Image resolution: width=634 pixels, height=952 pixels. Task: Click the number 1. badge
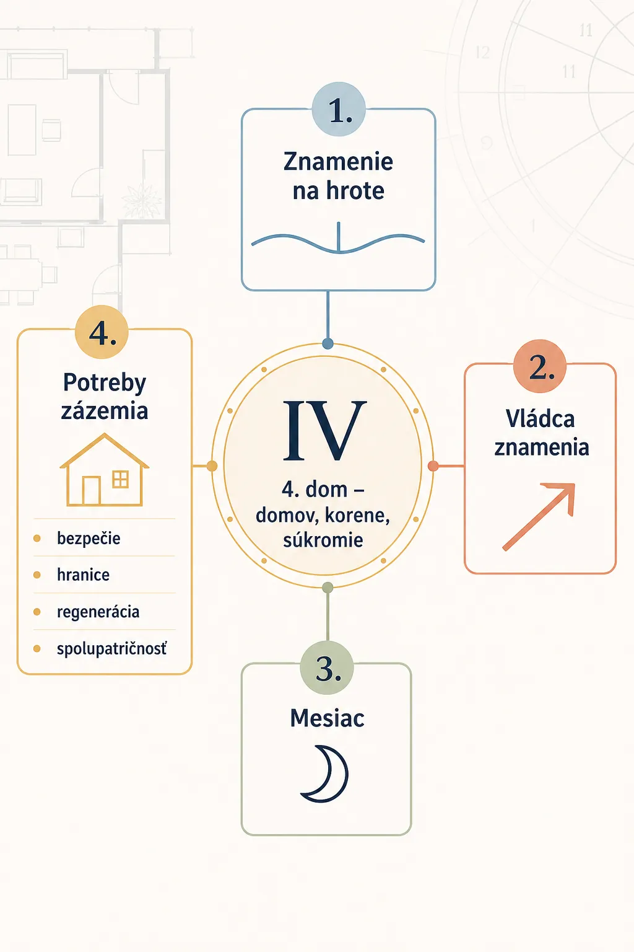[339, 109]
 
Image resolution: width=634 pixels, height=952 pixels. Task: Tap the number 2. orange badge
[540, 366]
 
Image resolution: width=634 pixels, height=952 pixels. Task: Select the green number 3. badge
[326, 668]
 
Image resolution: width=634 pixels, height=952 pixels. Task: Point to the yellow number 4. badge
[102, 332]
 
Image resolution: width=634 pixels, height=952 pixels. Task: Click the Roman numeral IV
[324, 431]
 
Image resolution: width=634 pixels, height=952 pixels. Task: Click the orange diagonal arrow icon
[539, 517]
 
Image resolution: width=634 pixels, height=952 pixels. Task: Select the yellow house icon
[105, 470]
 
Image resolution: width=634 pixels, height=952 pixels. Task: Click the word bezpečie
[89, 539]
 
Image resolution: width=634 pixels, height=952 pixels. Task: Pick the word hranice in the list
[83, 575]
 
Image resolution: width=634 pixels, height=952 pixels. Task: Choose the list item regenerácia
[98, 612]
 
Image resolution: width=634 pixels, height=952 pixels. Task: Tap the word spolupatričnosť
[111, 649]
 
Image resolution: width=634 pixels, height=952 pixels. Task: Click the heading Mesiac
[327, 718]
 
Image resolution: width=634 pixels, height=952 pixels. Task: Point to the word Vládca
[540, 419]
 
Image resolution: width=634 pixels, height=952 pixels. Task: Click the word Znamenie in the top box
[339, 162]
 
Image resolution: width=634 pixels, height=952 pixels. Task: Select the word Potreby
[105, 383]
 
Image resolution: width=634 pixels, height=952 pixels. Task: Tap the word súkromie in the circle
[323, 540]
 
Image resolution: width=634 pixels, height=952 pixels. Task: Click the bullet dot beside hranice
[37, 575]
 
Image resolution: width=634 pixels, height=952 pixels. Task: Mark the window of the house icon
[120, 479]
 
